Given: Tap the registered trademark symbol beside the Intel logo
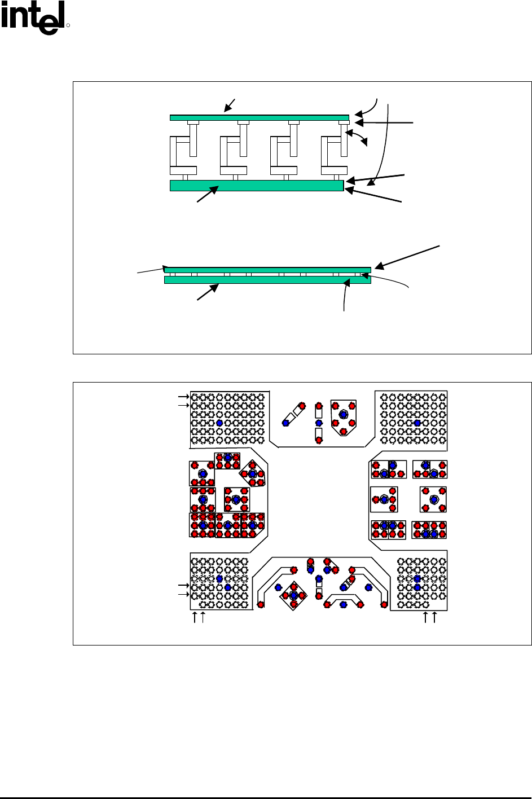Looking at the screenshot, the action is point(68,25).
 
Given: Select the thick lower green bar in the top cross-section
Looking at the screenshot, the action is point(257,186).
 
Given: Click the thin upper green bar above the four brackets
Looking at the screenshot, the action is point(259,118).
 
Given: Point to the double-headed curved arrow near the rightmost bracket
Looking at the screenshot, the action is point(357,136).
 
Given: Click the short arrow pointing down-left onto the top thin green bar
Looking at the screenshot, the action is point(229,106).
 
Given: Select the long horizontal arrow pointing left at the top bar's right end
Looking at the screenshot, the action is point(384,122).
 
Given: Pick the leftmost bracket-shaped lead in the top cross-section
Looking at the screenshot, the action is point(183,150).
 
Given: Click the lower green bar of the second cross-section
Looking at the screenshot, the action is point(267,280).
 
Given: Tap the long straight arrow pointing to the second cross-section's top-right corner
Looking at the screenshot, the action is point(407,257).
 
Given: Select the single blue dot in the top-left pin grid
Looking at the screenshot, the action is point(219,423).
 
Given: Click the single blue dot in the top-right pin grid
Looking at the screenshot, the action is point(417,423).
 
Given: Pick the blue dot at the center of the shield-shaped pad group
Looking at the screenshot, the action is point(344,415).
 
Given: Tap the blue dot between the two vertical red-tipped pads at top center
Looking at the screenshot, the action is point(319,423).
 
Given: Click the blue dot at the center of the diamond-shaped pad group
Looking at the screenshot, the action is point(294,595).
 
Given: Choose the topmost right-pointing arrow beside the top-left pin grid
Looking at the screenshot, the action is point(183,397).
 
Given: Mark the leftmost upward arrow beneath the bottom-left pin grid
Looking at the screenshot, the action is point(195,617).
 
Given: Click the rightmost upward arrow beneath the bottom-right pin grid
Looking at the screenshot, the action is point(434,617).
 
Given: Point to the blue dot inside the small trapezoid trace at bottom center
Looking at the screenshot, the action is point(344,604).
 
